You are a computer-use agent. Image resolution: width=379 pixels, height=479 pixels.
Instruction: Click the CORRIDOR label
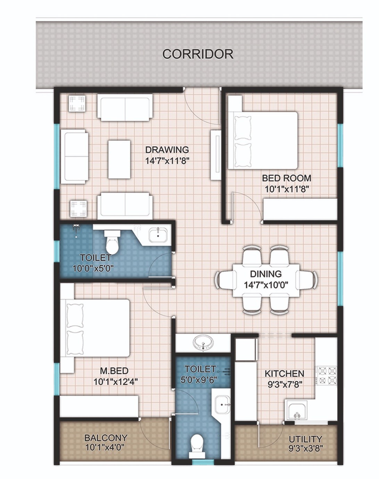pyautogui.click(x=198, y=54)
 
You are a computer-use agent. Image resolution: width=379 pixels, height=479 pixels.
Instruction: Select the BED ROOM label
pyautogui.click(x=286, y=178)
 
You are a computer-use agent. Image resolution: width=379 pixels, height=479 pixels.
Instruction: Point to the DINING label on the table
pyautogui.click(x=266, y=274)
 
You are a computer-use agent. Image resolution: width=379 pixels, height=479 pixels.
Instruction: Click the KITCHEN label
pyautogui.click(x=284, y=374)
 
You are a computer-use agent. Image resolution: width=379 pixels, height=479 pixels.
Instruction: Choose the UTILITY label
pyautogui.click(x=305, y=439)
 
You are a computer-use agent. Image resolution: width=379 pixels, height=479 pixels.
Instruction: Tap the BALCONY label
pyautogui.click(x=106, y=438)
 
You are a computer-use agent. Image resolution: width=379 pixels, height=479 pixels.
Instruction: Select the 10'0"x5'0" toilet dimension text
pyautogui.click(x=93, y=268)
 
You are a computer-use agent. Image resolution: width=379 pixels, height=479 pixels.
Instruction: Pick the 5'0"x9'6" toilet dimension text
pyautogui.click(x=199, y=380)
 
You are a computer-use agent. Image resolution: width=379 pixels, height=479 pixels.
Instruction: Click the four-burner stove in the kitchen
pyautogui.click(x=327, y=375)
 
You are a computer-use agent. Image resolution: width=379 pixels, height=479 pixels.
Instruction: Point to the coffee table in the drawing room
pyautogui.click(x=119, y=159)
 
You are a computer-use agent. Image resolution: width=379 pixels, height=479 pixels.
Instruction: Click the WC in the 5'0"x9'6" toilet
pyautogui.click(x=197, y=447)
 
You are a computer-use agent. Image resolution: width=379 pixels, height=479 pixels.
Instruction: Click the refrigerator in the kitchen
pyautogui.click(x=246, y=349)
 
